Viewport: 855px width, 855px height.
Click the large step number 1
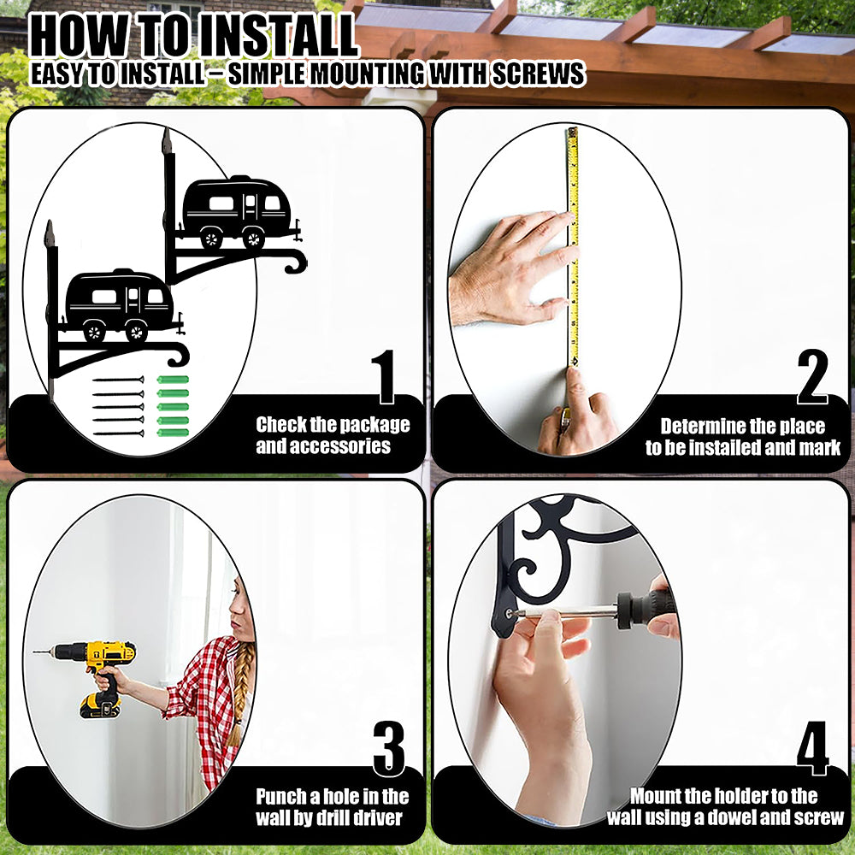click(x=385, y=377)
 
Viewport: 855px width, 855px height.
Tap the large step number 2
click(x=812, y=377)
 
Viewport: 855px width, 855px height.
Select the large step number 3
click(x=389, y=749)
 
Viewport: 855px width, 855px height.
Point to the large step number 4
click(x=812, y=748)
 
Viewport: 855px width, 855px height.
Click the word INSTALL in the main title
click(x=277, y=36)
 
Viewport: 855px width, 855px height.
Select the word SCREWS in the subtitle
click(x=539, y=74)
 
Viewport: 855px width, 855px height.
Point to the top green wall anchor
click(x=173, y=380)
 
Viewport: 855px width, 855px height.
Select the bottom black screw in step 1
click(x=118, y=433)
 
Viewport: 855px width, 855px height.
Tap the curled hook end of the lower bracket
click(x=179, y=355)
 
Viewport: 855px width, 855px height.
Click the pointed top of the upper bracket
click(x=167, y=140)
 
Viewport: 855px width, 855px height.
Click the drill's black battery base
click(x=100, y=705)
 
